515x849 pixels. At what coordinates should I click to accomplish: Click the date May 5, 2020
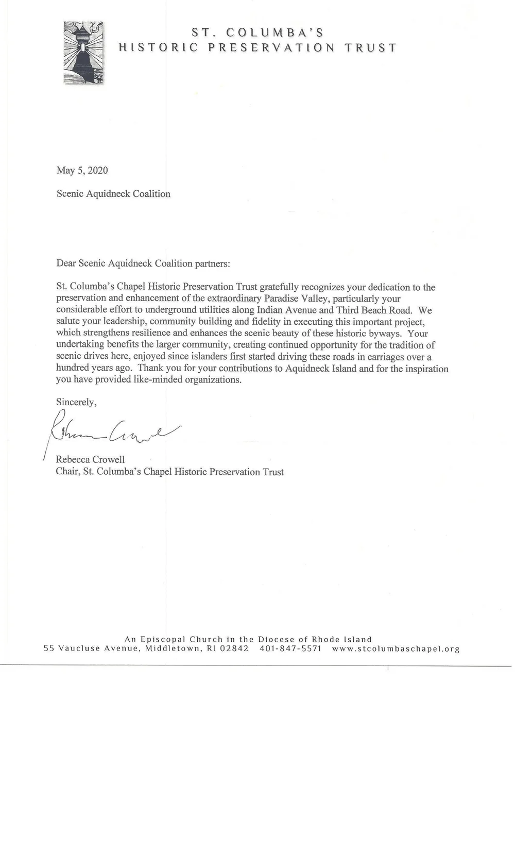pos(82,171)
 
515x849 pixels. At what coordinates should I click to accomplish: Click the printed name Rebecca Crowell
pos(90,459)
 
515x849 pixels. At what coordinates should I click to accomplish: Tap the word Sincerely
pos(76,402)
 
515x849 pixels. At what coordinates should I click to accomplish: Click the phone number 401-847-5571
pos(290,648)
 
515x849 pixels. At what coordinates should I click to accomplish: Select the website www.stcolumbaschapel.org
pos(396,648)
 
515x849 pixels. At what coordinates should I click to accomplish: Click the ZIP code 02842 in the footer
pos(234,648)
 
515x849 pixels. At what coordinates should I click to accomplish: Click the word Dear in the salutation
pos(66,263)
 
